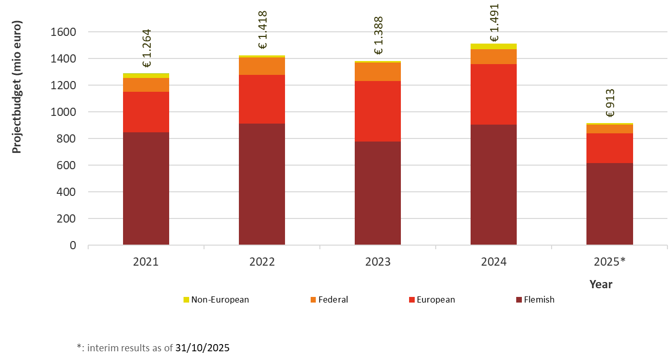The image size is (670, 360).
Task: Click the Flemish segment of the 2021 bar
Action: tap(146, 188)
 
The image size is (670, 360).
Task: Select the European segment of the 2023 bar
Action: tap(378, 111)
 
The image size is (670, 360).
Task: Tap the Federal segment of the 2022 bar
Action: tap(262, 66)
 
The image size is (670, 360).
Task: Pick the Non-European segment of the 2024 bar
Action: tap(494, 47)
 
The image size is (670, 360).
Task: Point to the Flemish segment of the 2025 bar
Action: tap(610, 204)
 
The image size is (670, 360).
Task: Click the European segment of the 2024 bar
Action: tap(494, 94)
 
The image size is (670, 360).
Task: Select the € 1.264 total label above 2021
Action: tap(147, 49)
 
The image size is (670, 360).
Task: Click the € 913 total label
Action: tap(610, 103)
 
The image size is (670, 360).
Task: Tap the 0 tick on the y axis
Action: tap(73, 246)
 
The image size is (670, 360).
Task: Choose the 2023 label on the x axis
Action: tap(378, 262)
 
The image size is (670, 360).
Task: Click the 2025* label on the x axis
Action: tap(610, 262)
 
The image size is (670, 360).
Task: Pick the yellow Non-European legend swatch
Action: tap(186, 299)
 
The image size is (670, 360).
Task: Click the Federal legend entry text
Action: tap(333, 299)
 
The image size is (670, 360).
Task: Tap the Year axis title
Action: tap(601, 284)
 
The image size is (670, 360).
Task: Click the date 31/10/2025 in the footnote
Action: tap(202, 348)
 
